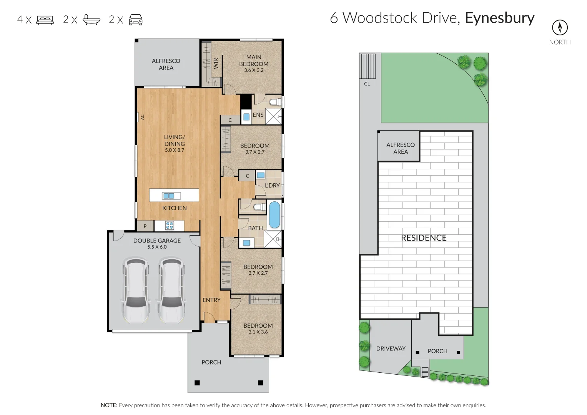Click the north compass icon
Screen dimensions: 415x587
coord(560,27)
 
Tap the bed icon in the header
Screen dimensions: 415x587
coord(45,20)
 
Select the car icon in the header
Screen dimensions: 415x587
coord(135,20)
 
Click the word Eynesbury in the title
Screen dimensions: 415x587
coord(500,18)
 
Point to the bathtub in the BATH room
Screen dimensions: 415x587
coord(274,215)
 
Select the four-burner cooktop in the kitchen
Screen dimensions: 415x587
coord(170,226)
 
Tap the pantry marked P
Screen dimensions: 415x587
coord(145,226)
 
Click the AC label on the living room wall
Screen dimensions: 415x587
coord(142,117)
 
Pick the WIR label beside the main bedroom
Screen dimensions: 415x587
coord(216,63)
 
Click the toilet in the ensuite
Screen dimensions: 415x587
coord(275,102)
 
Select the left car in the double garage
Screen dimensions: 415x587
coord(136,290)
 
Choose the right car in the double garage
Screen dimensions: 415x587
coord(171,290)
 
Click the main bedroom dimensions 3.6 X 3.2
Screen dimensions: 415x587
coord(254,70)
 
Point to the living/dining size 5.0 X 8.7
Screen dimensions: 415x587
coord(175,150)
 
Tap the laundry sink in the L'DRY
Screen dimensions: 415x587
coord(261,175)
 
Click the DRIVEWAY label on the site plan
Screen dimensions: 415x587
coord(391,349)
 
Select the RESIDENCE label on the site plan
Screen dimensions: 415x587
coord(424,238)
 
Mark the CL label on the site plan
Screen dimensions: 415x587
coord(367,84)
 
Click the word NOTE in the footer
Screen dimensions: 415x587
coord(109,405)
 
